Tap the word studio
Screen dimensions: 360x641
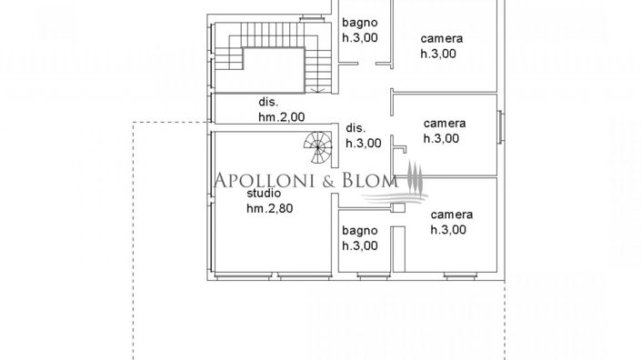click(x=263, y=194)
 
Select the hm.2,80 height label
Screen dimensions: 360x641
click(x=270, y=208)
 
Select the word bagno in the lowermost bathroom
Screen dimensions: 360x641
click(x=358, y=231)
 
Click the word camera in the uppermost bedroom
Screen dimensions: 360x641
click(x=442, y=39)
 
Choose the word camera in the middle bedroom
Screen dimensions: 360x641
click(x=445, y=124)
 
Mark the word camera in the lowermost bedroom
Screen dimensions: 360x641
click(x=452, y=215)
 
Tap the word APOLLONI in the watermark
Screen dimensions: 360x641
click(x=265, y=180)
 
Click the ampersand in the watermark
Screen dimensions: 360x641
click(x=330, y=180)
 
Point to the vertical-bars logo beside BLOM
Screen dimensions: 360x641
click(x=415, y=178)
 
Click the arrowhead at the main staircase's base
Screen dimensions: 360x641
click(x=317, y=90)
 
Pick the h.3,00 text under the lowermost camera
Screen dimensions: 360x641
click(x=447, y=229)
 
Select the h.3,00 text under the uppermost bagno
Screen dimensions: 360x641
click(x=358, y=37)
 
